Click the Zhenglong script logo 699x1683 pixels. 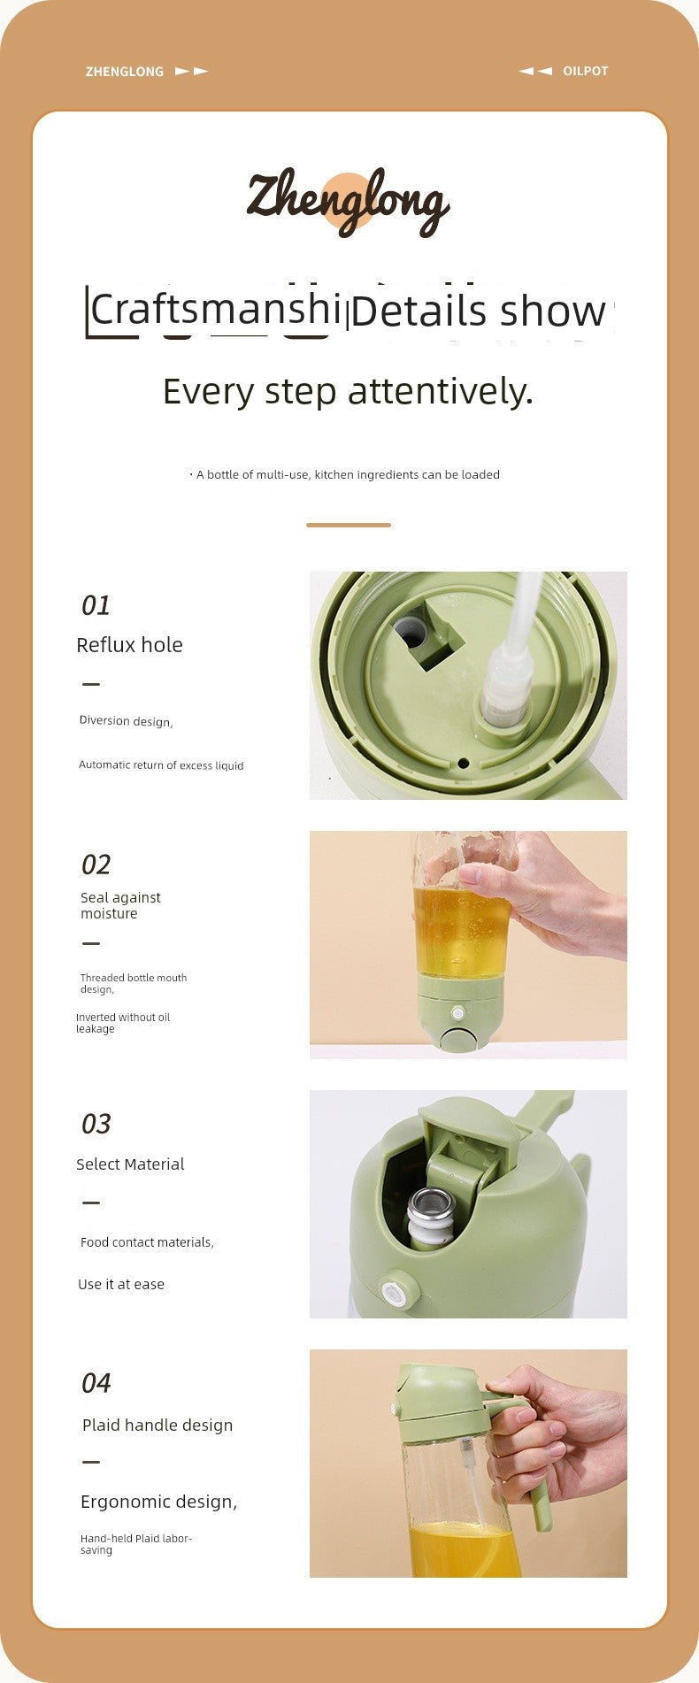[348, 202]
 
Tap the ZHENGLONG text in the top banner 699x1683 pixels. [125, 72]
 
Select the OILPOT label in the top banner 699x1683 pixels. [586, 71]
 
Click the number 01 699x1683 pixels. [96, 605]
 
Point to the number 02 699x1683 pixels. [96, 865]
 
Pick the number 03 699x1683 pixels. [96, 1124]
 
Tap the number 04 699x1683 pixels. [96, 1383]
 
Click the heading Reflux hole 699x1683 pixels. [129, 645]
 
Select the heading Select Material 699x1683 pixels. [130, 1164]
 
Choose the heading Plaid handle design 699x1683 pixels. [157, 1425]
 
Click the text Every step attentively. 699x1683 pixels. [348, 391]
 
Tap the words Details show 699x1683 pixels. [478, 311]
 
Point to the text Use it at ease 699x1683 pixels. [121, 1284]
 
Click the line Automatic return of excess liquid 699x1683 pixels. [161, 765]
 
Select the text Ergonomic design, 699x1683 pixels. [158, 1502]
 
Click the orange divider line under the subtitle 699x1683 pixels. [348, 525]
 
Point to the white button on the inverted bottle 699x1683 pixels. [458, 1013]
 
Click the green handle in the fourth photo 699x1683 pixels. [536, 1495]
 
